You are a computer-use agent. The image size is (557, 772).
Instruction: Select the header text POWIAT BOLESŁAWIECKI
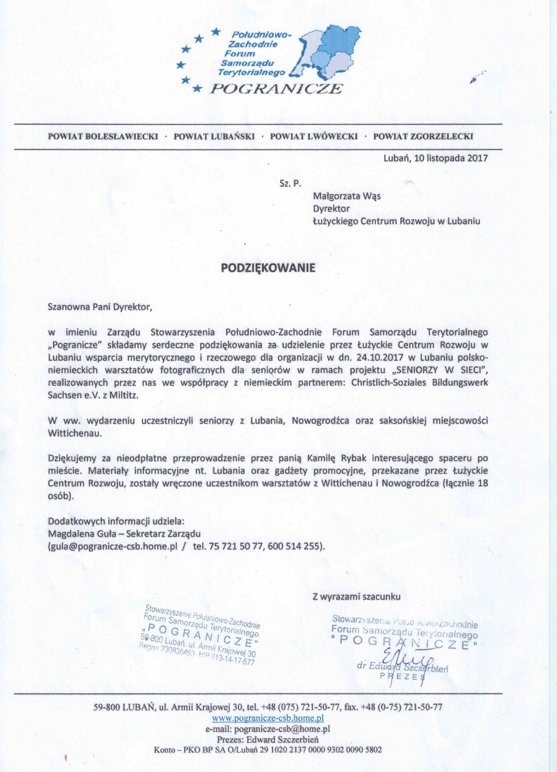click(103, 137)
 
